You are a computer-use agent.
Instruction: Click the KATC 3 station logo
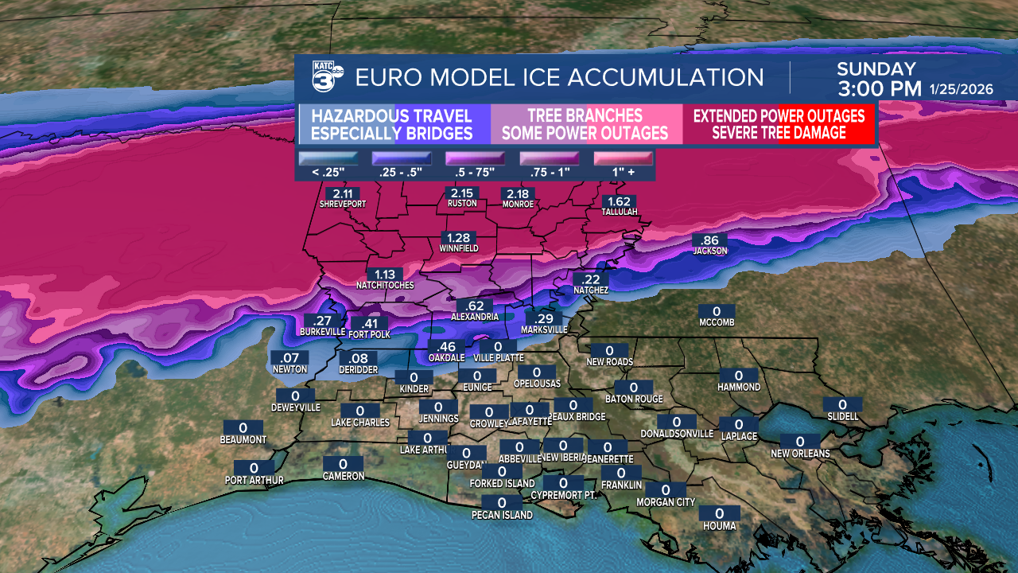(326, 77)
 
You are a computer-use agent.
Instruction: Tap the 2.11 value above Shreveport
(343, 193)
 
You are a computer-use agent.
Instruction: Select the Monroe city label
(517, 205)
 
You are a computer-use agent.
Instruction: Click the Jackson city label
(710, 251)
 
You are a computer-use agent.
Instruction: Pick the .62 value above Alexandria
(476, 306)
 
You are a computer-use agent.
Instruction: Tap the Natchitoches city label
(385, 284)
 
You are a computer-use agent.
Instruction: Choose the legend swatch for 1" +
(624, 158)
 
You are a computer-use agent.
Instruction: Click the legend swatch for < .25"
(328, 158)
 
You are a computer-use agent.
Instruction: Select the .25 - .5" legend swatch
(402, 158)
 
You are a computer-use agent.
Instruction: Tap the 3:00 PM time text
(879, 88)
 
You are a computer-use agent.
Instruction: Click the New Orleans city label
(800, 454)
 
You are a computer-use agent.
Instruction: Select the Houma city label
(719, 526)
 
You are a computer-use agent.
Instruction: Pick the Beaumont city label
(243, 439)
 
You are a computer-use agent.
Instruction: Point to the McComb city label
(716, 322)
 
